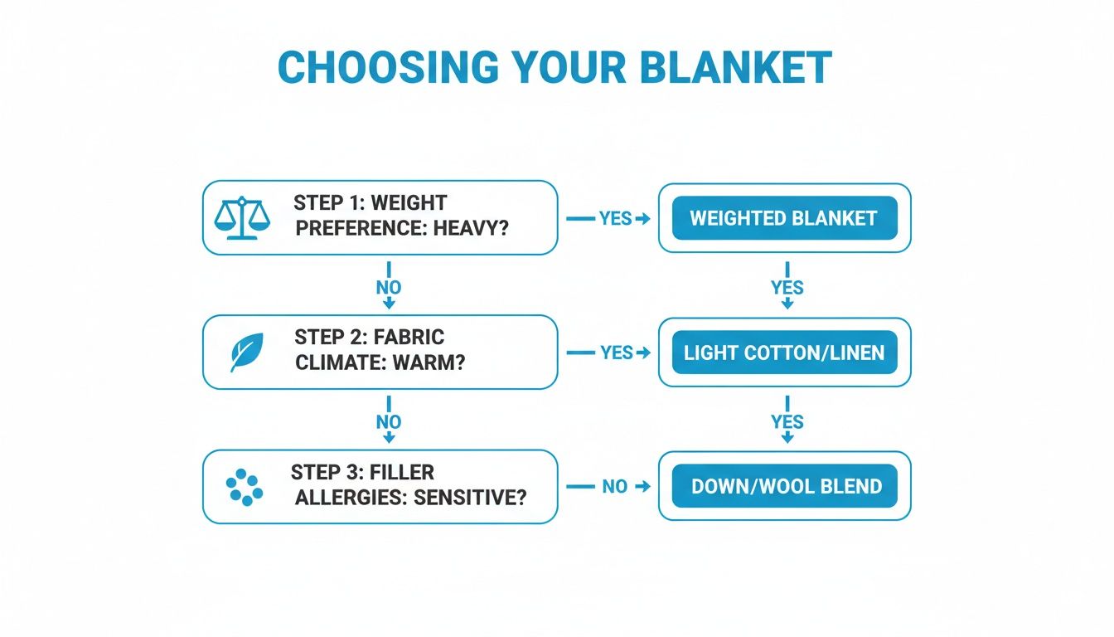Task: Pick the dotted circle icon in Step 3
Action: [x=245, y=487]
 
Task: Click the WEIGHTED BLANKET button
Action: [x=783, y=218]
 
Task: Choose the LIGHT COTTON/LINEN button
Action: [x=783, y=353]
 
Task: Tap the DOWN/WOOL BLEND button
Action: [x=783, y=486]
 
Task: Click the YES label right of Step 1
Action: [x=616, y=218]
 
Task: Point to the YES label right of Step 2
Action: [x=616, y=353]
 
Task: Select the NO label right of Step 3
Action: [x=614, y=487]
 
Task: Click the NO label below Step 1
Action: [x=388, y=288]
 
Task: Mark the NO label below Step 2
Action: [x=388, y=422]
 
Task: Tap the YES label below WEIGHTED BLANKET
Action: [x=787, y=288]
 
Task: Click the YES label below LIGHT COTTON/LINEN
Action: [x=787, y=422]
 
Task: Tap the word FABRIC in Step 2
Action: [x=409, y=338]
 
